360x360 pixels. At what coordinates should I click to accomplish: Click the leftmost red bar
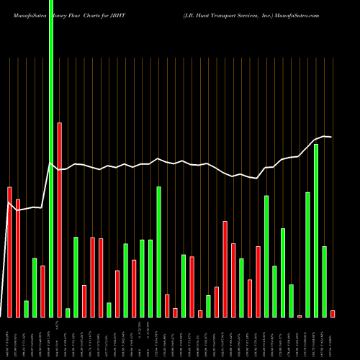10,252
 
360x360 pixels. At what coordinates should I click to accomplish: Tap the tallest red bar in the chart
60,220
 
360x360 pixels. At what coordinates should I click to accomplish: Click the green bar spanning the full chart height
51,158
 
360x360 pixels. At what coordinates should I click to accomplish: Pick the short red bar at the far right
333,313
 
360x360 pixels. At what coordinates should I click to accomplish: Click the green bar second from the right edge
325,282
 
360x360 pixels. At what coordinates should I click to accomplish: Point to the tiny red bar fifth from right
300,315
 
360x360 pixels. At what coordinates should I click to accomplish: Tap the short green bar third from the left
27,309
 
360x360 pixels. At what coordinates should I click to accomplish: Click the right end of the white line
331,137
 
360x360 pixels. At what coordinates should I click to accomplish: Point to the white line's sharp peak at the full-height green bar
50,164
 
